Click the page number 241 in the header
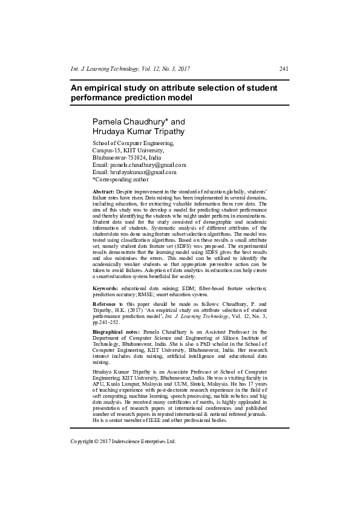[x=283, y=68]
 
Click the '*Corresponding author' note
[x=120, y=179]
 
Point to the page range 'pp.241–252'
[x=108, y=322]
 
